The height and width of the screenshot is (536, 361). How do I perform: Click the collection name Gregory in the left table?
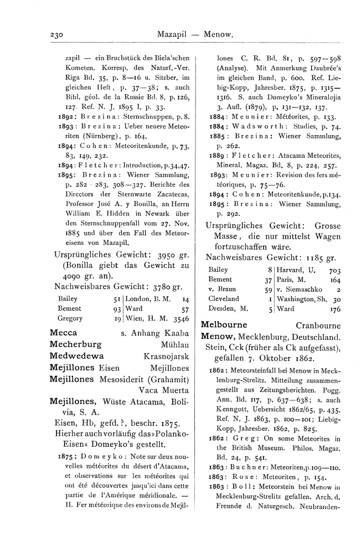tap(69, 318)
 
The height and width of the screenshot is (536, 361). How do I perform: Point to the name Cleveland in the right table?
tap(224, 298)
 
